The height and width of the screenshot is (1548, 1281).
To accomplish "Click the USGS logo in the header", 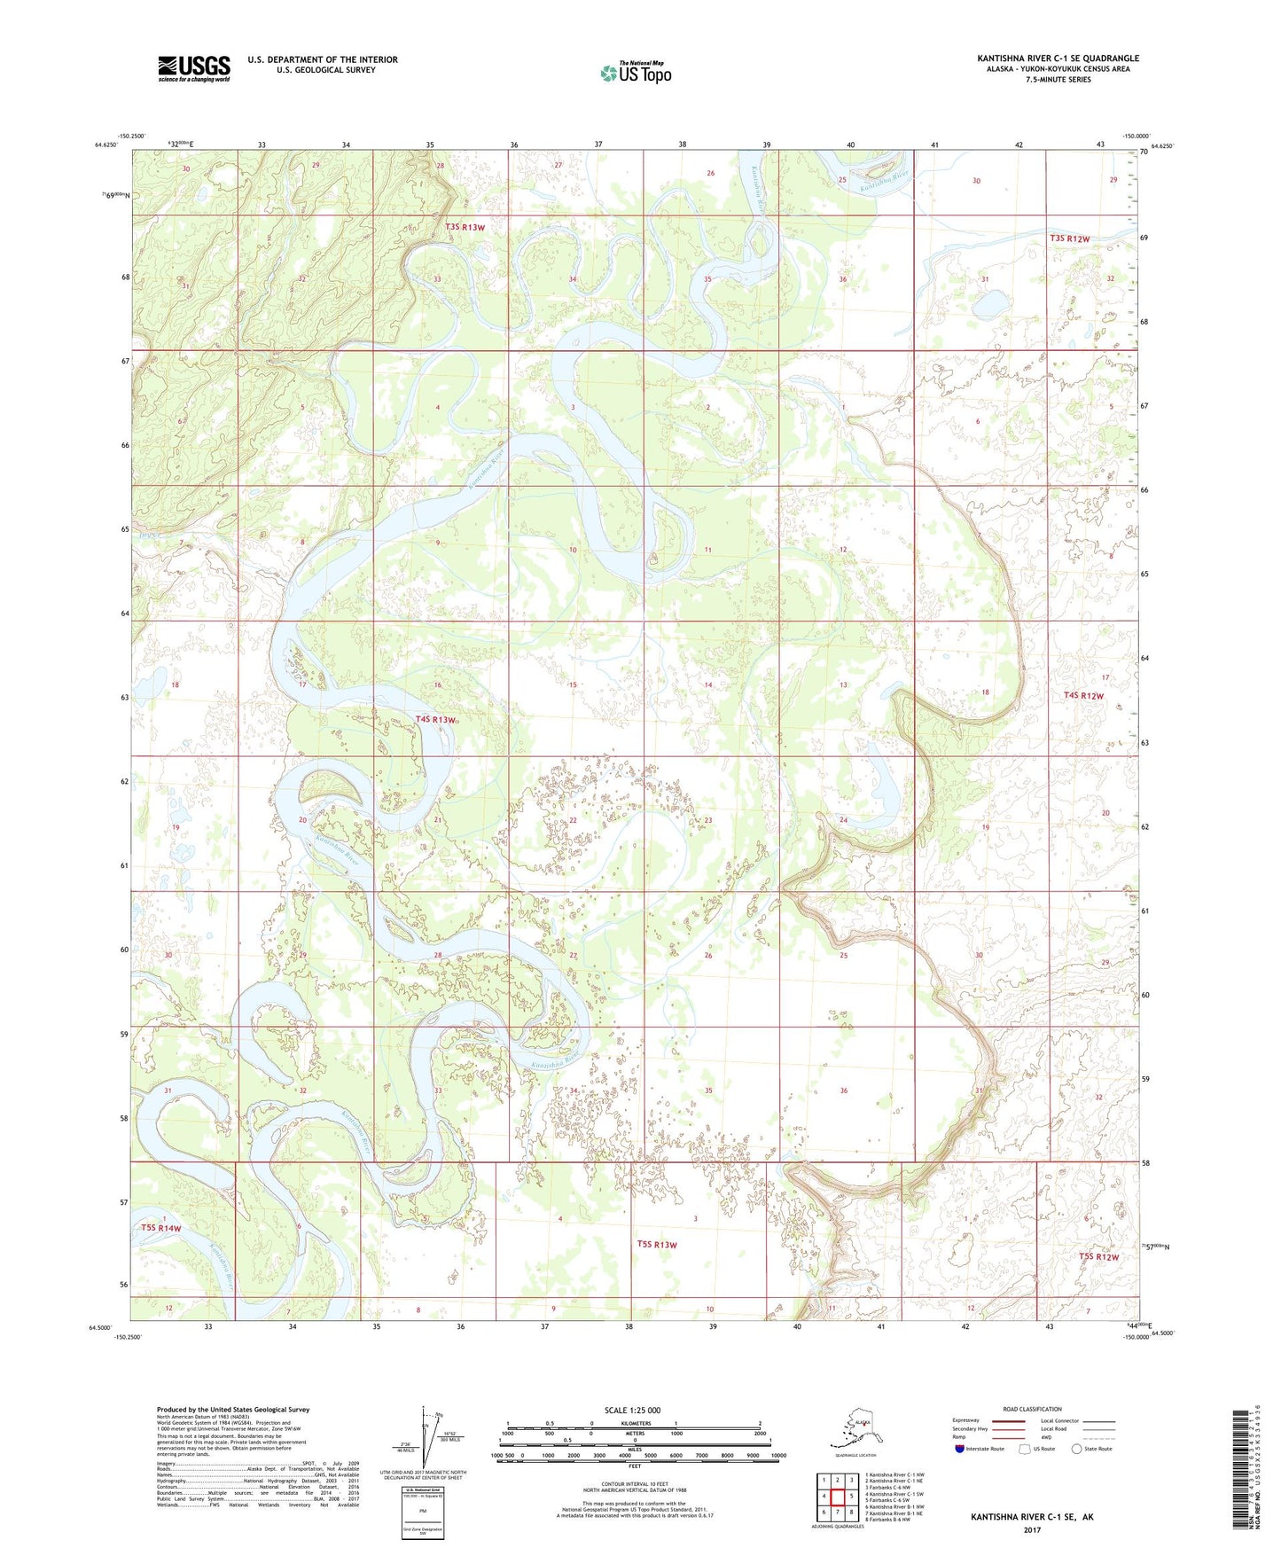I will click(x=193, y=68).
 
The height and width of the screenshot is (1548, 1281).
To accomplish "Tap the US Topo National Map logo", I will click(x=636, y=72).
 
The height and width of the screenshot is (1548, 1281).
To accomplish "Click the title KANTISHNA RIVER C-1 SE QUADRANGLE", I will click(x=1058, y=59).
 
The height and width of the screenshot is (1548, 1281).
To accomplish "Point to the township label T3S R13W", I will click(x=465, y=228).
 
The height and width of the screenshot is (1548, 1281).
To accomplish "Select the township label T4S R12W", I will click(x=1083, y=696).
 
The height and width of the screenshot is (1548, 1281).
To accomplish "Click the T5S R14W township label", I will click(x=160, y=1228).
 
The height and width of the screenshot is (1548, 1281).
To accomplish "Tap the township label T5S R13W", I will click(x=656, y=1245).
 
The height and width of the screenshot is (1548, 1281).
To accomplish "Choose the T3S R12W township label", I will click(x=1069, y=238).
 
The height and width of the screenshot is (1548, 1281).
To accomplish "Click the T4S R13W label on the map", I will click(x=435, y=720).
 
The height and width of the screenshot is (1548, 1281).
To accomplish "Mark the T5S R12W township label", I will click(x=1098, y=1256).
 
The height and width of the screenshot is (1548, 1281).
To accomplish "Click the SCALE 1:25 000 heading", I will click(x=632, y=1411).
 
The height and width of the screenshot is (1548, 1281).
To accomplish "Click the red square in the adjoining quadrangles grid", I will click(x=837, y=1497).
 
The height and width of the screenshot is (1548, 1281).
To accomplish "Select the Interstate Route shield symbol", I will click(x=960, y=1449).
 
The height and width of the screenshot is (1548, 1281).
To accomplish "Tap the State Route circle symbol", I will click(x=1077, y=1449).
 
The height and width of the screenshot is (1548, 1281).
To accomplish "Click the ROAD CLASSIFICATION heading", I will click(x=1032, y=1409).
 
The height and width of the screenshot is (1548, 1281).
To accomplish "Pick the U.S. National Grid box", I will click(x=422, y=1514).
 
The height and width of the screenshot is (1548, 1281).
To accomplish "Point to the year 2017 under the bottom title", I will click(x=1032, y=1529).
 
